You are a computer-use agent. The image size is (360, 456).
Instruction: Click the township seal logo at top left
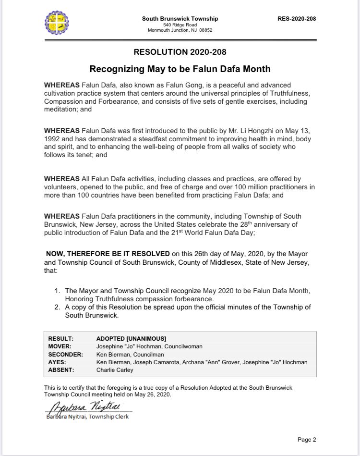(59, 24)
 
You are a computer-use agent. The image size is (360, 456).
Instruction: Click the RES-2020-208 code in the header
(297, 19)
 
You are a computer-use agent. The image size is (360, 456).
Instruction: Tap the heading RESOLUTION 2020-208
(180, 52)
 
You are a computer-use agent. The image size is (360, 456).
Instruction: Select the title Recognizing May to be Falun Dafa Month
(180, 69)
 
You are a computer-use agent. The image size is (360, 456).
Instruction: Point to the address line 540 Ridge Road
(180, 25)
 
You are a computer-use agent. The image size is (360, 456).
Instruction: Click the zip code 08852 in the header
(205, 30)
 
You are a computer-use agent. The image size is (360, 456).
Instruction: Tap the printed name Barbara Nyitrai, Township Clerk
(88, 417)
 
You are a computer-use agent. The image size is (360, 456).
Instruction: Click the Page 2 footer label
(307, 439)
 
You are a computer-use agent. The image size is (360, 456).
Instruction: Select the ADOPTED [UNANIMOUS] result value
(131, 338)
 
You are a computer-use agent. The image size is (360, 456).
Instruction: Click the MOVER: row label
(60, 346)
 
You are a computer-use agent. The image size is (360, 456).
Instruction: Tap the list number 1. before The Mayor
(57, 291)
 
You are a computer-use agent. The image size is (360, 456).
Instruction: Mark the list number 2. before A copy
(57, 307)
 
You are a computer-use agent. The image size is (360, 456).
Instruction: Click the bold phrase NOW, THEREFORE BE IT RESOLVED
(108, 253)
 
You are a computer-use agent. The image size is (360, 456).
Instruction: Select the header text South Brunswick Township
(180, 19)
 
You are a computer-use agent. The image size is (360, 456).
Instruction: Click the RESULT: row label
(60, 338)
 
